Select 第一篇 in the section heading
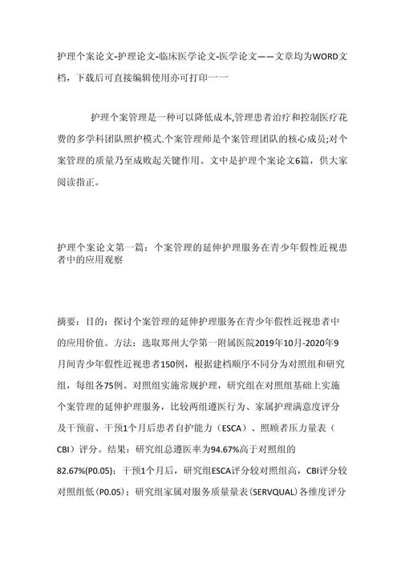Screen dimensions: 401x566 coord(119,247)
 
